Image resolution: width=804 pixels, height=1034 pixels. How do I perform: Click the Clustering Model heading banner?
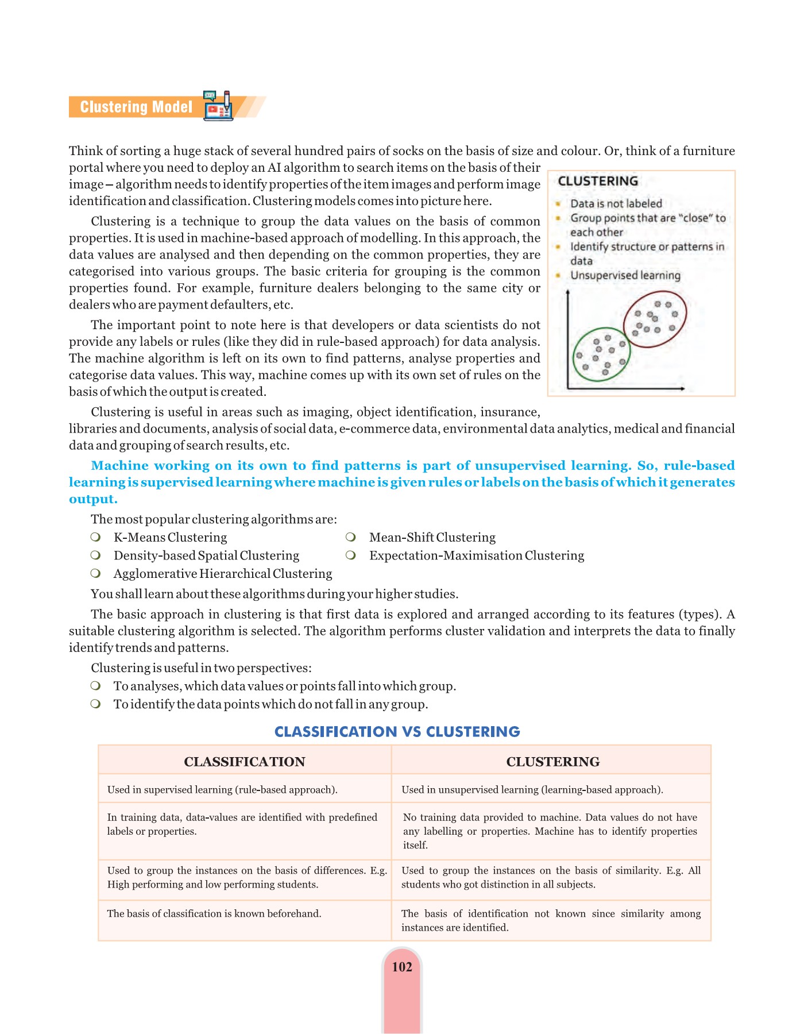tap(136, 107)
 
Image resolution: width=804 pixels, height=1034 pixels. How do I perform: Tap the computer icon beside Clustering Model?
tap(219, 106)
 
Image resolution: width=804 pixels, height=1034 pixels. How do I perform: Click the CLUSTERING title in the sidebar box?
tap(598, 181)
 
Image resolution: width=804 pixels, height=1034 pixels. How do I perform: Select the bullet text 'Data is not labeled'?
tap(616, 203)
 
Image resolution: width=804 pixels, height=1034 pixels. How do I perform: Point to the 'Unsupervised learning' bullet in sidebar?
tap(625, 275)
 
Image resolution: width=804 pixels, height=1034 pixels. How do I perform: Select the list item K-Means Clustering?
tap(170, 537)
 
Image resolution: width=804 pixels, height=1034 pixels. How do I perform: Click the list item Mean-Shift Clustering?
tap(432, 537)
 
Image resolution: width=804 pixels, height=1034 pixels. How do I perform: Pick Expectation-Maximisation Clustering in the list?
tap(476, 555)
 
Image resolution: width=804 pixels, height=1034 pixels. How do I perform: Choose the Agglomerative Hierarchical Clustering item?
tap(222, 574)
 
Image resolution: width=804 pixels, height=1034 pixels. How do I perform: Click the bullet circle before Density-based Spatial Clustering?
tap(96, 555)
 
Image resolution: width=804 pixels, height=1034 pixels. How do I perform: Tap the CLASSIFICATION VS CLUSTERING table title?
tap(397, 731)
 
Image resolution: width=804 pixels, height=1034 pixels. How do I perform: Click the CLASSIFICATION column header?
tap(244, 762)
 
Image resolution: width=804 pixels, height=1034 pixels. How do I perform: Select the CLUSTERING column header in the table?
tap(552, 762)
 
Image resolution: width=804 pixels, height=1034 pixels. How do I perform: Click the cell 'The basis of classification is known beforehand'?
tap(214, 913)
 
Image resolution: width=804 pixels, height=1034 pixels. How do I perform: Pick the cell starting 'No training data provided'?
tap(550, 831)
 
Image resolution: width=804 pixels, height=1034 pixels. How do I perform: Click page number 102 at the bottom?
tap(401, 967)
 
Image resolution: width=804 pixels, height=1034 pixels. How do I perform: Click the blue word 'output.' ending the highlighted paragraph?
tap(93, 499)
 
